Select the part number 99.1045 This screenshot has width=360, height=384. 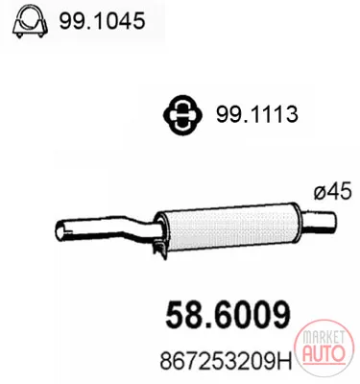pyautogui.click(x=102, y=21)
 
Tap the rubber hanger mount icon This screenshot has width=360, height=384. pyautogui.click(x=182, y=114)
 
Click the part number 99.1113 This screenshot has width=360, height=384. pyautogui.click(x=257, y=114)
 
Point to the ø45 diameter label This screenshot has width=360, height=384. pyautogui.click(x=333, y=192)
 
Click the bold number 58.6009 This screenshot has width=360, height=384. pyautogui.click(x=228, y=314)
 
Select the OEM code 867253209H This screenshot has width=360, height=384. pyautogui.click(x=226, y=362)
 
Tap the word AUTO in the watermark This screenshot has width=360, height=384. pyautogui.click(x=324, y=354)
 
